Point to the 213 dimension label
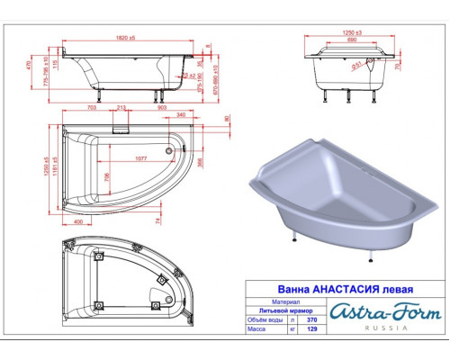[121, 106]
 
